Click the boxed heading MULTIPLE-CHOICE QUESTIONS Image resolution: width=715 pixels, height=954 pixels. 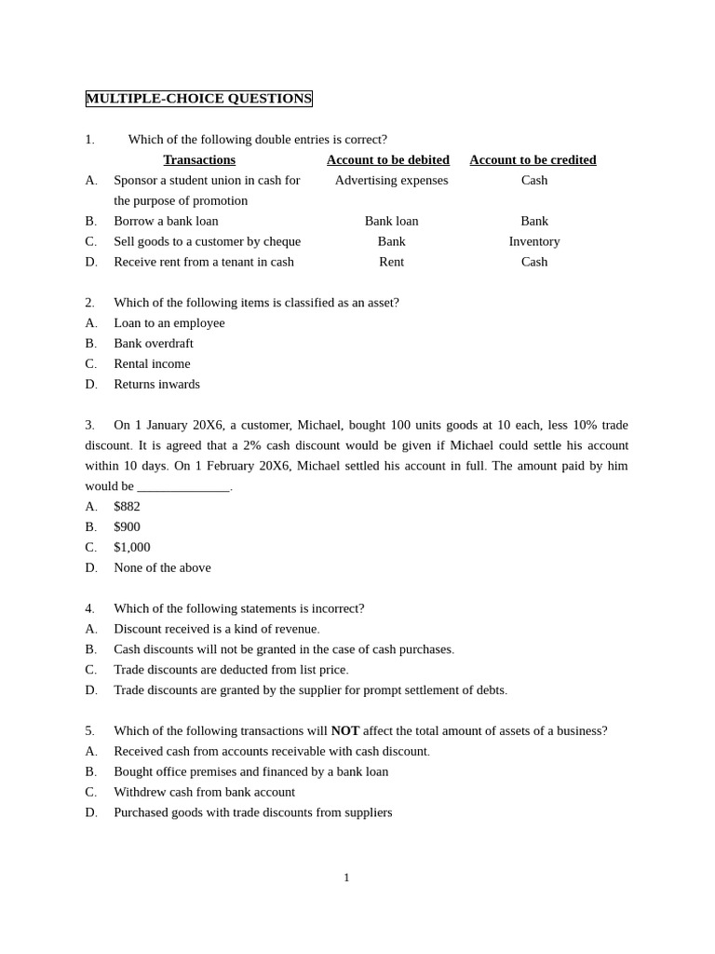click(198, 99)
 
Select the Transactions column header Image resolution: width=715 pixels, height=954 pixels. click(199, 160)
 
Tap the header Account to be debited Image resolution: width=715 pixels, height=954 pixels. click(387, 160)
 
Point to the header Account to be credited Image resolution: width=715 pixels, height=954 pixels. click(533, 160)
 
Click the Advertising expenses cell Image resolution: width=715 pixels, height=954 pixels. click(391, 181)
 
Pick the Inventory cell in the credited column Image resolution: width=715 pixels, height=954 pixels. click(534, 242)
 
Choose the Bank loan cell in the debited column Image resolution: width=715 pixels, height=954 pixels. click(391, 222)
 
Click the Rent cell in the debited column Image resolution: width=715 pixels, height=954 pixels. click(391, 263)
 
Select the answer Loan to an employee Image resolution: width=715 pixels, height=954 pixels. click(169, 323)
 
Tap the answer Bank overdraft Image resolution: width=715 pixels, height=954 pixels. click(154, 344)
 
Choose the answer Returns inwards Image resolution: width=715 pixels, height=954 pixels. click(156, 385)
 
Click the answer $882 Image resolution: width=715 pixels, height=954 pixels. click(127, 507)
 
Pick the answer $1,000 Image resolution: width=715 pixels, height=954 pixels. click(131, 548)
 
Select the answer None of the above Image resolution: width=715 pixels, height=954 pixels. click(162, 568)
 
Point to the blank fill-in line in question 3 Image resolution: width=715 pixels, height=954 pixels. click(183, 487)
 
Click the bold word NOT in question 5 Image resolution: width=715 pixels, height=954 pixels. click(344, 731)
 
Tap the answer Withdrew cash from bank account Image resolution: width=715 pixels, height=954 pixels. click(204, 793)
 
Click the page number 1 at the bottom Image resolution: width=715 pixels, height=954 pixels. click(346, 878)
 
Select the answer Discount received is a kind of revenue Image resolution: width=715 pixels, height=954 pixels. click(216, 629)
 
